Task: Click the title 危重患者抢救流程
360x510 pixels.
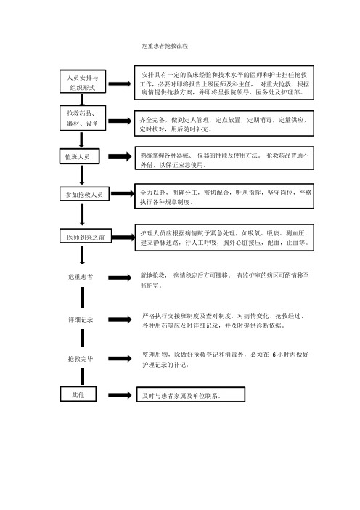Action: click(165, 46)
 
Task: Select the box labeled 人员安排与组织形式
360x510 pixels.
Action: click(83, 81)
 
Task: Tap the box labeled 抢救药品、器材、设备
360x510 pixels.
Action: click(83, 118)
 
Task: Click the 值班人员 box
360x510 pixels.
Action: click(79, 156)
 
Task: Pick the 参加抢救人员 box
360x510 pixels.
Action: click(84, 194)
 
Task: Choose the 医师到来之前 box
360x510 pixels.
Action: click(86, 236)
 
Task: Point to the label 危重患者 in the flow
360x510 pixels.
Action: click(81, 277)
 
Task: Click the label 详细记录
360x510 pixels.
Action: click(81, 320)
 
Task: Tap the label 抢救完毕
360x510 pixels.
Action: click(81, 359)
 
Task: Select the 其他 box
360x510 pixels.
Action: click(78, 394)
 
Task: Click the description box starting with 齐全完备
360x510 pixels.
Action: click(224, 124)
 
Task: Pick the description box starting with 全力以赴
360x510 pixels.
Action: click(224, 196)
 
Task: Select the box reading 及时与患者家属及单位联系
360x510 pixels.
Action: click(191, 394)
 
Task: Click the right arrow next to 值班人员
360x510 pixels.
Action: click(120, 156)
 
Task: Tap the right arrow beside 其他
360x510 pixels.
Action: click(120, 395)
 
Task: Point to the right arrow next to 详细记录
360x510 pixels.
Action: click(120, 320)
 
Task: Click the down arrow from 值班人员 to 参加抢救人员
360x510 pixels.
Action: click(82, 174)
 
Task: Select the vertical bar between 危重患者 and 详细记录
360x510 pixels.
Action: click(83, 297)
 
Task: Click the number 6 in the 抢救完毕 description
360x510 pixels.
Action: click(274, 355)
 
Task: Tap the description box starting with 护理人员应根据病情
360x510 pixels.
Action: click(224, 238)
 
